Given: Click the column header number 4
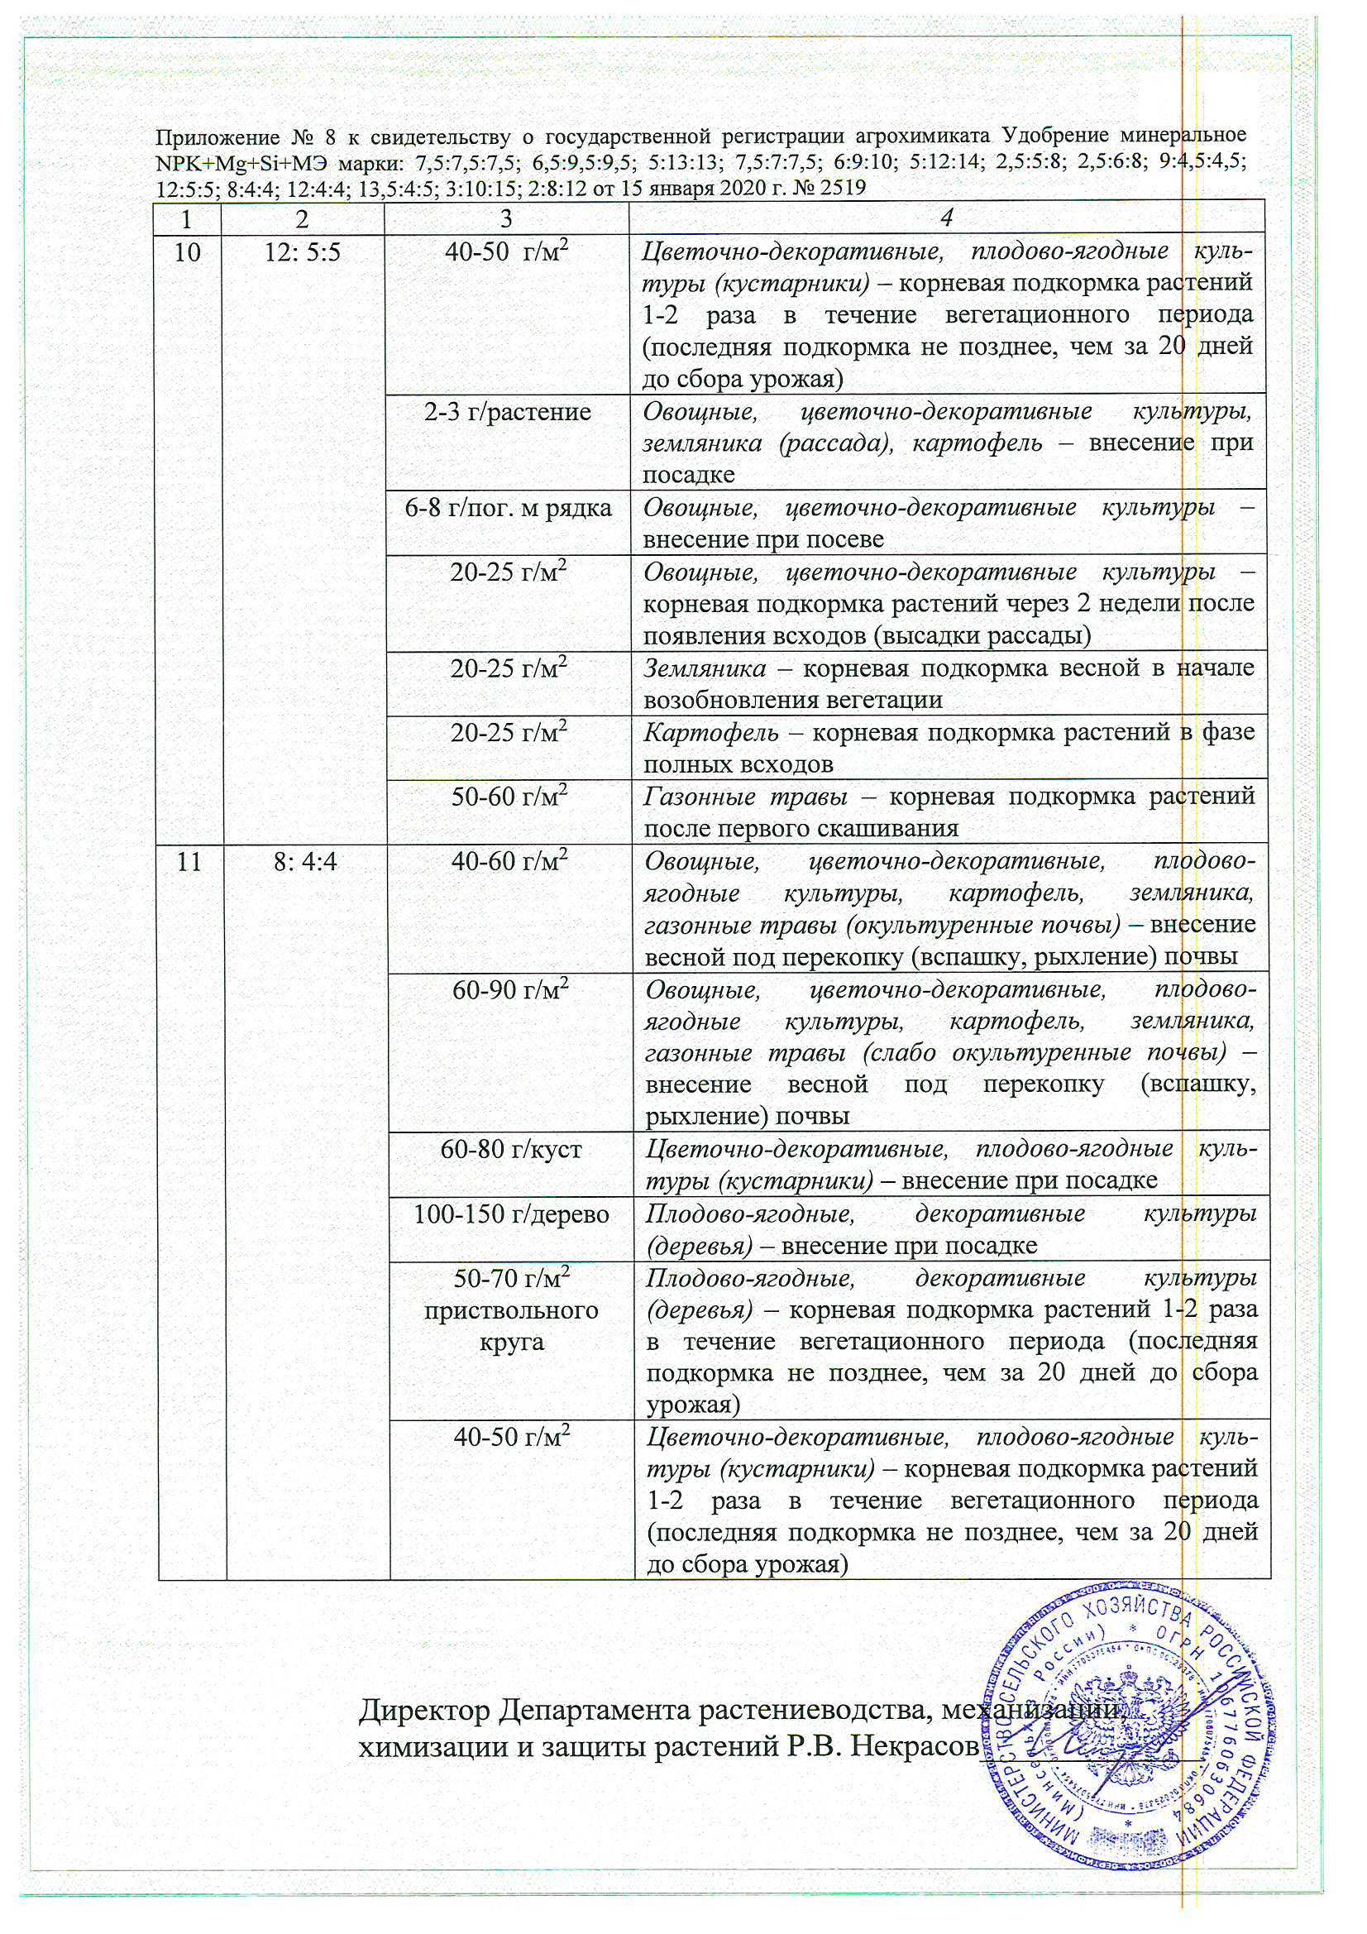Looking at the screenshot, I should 947,218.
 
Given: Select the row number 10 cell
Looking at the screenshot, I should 188,251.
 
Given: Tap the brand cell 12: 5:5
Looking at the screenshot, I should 303,251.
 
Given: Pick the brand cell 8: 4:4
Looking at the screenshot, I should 306,862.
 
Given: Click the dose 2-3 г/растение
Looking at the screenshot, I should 508,412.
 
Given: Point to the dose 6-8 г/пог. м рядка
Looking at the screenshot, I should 508,509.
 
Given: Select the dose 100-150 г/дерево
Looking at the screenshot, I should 511,1214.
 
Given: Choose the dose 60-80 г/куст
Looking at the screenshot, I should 511,1150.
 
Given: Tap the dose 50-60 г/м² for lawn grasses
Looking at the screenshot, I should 509,796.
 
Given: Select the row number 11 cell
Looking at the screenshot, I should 189,862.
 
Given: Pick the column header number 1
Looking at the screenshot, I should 186,218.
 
